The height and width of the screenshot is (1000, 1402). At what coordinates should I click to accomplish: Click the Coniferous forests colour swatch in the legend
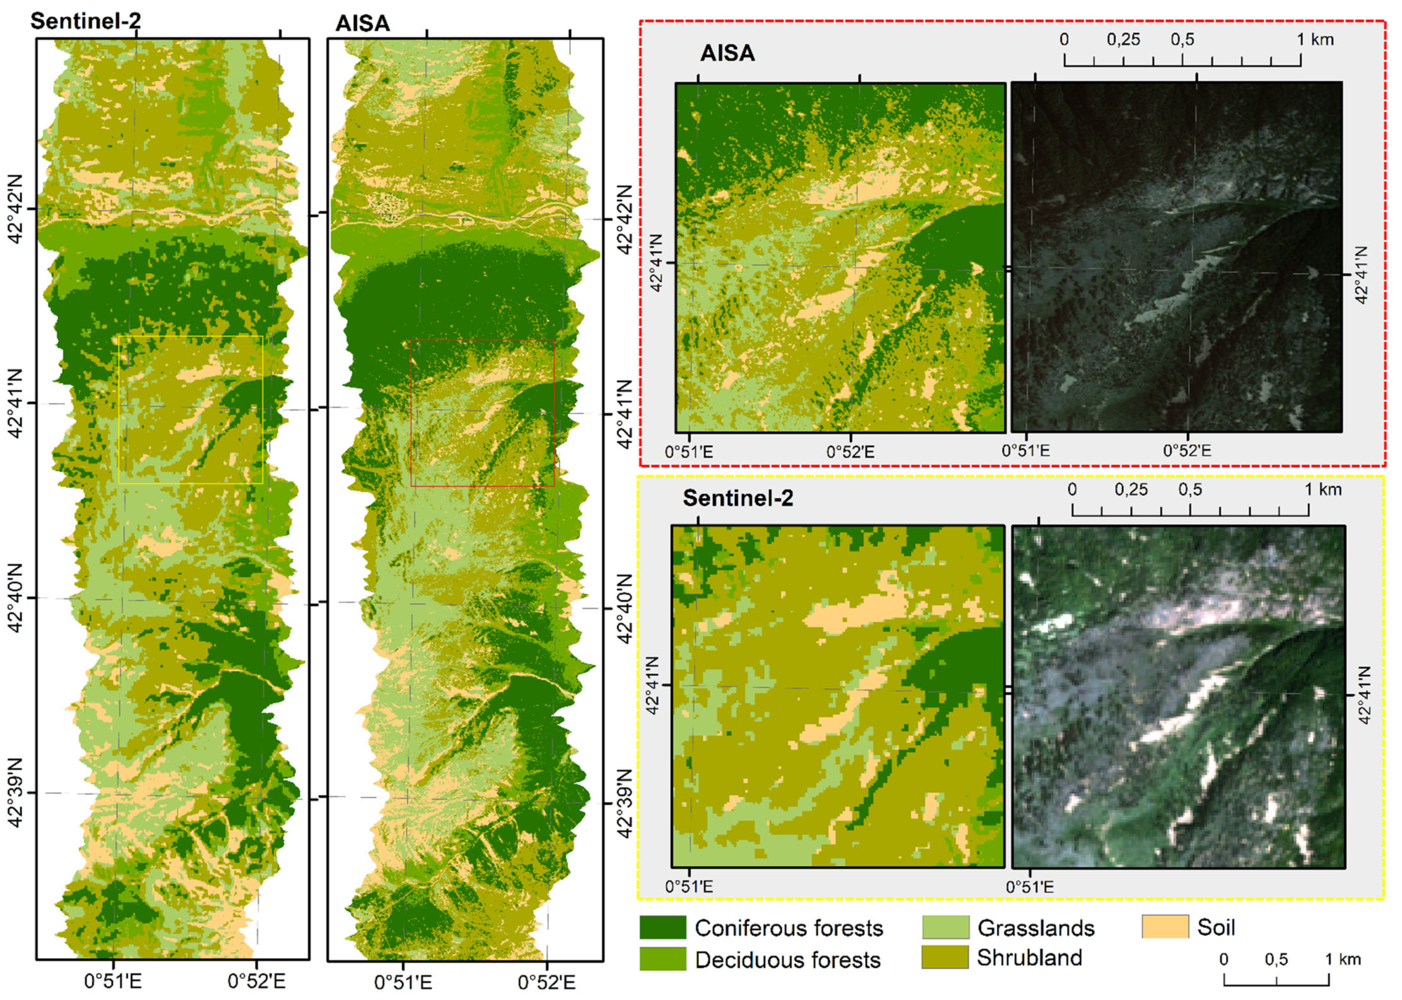pyautogui.click(x=662, y=927)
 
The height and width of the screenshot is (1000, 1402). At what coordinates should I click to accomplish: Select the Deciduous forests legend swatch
pyautogui.click(x=662, y=959)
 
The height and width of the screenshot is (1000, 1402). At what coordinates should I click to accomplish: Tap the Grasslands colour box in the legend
pyautogui.click(x=946, y=927)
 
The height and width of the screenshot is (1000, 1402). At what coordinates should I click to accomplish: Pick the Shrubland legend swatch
pyautogui.click(x=946, y=958)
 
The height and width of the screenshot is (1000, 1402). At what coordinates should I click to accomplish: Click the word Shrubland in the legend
pyautogui.click(x=1029, y=958)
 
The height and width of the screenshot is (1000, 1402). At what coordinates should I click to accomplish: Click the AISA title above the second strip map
pyautogui.click(x=363, y=24)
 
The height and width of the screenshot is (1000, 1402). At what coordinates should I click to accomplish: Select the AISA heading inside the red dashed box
pyautogui.click(x=728, y=53)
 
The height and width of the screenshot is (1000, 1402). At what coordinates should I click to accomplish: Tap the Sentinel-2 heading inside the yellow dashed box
pyautogui.click(x=738, y=498)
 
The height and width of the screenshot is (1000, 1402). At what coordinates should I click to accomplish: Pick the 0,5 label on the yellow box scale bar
pyautogui.click(x=1190, y=490)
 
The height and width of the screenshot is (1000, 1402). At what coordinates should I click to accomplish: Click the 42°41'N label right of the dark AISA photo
pyautogui.click(x=1362, y=274)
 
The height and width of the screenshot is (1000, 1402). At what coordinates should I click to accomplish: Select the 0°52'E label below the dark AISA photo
pyautogui.click(x=1187, y=451)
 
